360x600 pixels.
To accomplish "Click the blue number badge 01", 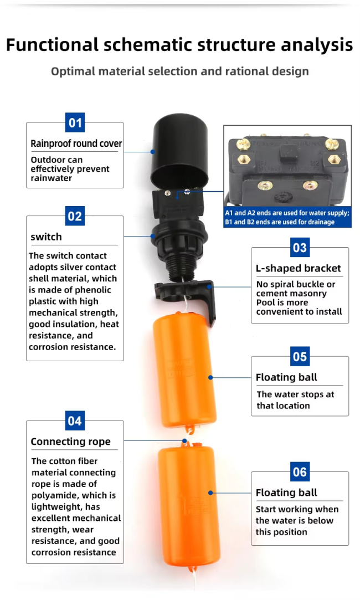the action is tap(75, 122).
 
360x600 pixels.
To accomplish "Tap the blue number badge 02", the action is tap(75, 216).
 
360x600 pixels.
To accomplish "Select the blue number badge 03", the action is tap(300, 248).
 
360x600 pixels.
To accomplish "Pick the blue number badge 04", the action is tap(75, 421).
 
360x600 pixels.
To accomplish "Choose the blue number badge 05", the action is tap(300, 356).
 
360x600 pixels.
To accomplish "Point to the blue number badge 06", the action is tap(300, 472).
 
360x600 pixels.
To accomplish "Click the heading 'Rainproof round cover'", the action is tap(76, 143).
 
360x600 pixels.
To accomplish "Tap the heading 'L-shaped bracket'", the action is tap(298, 268).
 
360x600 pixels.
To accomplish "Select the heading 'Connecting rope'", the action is tap(70, 442).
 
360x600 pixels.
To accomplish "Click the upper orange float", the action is tap(185, 370).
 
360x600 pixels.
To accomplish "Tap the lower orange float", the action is tap(189, 506).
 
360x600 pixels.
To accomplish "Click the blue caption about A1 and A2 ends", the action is tap(287, 217).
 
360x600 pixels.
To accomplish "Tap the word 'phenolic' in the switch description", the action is tap(92, 290).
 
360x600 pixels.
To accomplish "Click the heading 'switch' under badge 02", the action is tap(46, 237).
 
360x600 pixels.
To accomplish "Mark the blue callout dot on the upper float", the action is tap(210, 377).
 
